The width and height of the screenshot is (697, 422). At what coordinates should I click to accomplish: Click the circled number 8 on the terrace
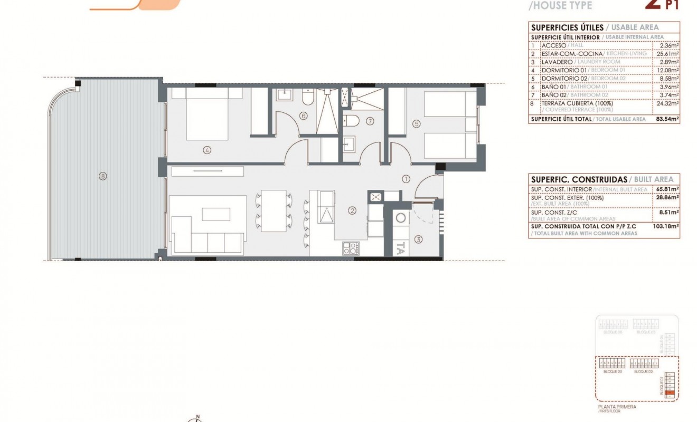point(102,176)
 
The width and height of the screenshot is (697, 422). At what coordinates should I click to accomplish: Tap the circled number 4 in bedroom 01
point(206,150)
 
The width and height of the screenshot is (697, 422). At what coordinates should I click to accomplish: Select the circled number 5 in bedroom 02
point(417,124)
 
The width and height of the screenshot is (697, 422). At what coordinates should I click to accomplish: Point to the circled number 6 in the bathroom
point(303,116)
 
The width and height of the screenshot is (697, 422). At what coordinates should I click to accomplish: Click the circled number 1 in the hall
point(406,179)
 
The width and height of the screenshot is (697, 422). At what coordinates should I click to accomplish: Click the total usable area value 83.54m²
point(667,119)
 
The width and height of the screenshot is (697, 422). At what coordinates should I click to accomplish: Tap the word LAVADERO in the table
point(557,61)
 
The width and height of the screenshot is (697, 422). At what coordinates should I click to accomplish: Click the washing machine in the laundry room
point(400,218)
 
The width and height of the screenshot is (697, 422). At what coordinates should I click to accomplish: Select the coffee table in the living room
point(216,214)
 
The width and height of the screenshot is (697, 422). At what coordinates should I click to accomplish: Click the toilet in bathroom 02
point(353,121)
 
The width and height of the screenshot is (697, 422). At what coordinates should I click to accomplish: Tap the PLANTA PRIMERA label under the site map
point(617,407)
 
